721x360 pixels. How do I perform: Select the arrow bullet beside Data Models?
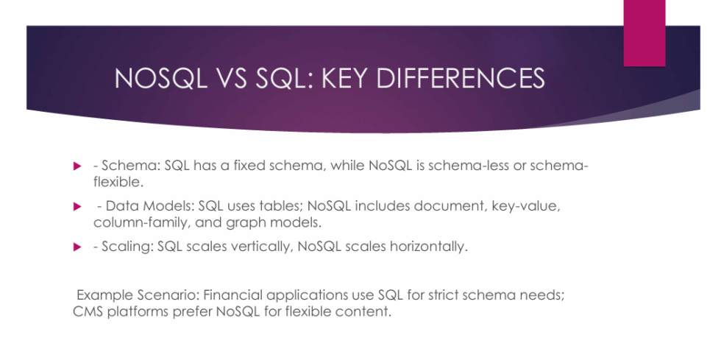tap(76, 208)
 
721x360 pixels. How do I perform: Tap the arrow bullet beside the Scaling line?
tap(76, 247)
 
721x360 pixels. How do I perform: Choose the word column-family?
tap(136, 222)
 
